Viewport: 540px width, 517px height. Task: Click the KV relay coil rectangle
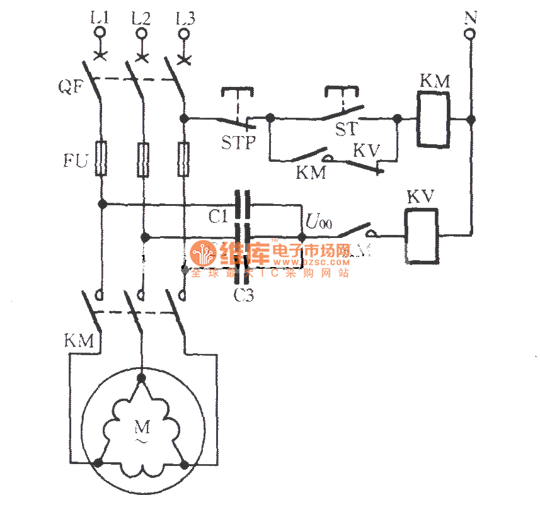click(422, 236)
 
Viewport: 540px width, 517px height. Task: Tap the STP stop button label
click(239, 142)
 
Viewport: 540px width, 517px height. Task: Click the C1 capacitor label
click(218, 217)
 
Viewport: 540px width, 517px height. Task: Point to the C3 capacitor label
click(243, 295)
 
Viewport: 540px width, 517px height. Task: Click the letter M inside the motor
click(143, 428)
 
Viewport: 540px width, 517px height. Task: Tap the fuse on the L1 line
click(101, 157)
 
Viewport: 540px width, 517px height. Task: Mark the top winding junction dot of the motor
click(141, 377)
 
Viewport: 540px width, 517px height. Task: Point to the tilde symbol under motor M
click(143, 443)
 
